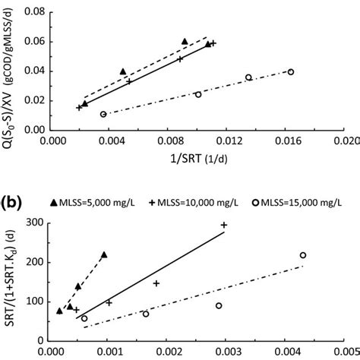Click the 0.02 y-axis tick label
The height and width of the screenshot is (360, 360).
click(35, 101)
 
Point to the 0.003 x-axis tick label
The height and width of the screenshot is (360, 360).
click(222, 353)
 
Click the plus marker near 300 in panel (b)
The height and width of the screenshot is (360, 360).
click(224, 225)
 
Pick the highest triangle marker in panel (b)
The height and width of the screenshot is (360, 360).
click(104, 255)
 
